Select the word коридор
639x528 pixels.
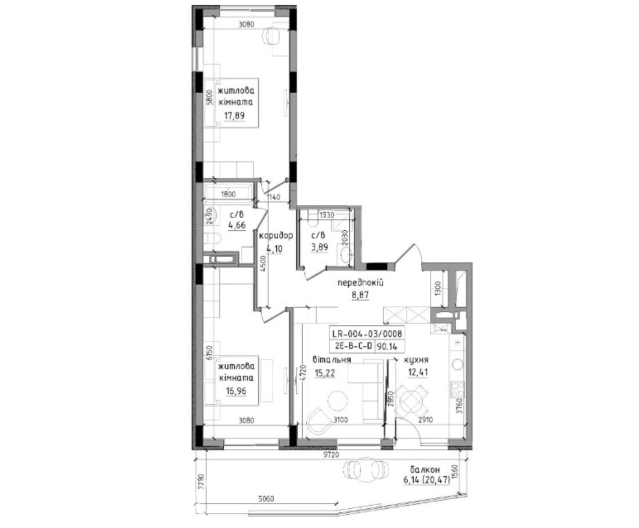click(276, 236)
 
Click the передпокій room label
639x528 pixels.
click(361, 283)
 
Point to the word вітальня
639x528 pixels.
click(332, 359)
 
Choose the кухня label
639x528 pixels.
click(416, 360)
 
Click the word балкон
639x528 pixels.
click(425, 470)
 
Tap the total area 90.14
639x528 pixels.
click(387, 347)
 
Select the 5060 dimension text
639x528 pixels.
click(266, 499)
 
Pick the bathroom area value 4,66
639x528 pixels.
click(237, 225)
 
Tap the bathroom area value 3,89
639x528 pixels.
click(320, 247)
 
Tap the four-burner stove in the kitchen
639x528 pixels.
click(457, 389)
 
